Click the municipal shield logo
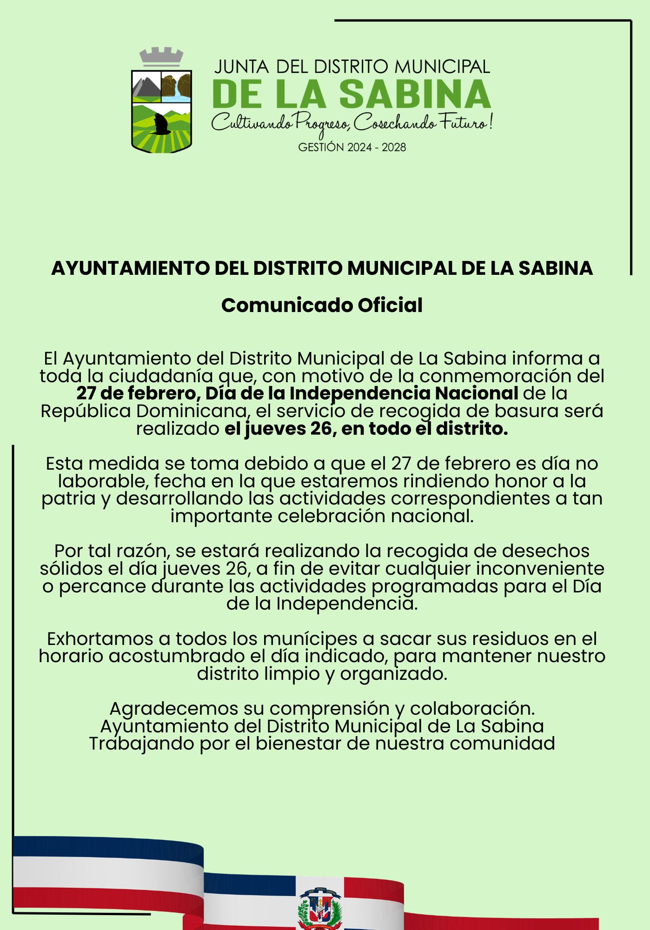click(x=161, y=112)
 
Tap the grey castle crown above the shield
click(x=161, y=58)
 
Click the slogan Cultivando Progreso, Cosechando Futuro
click(x=352, y=123)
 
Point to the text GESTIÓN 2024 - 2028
click(x=352, y=147)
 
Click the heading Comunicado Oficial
click(x=322, y=306)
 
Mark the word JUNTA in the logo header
click(x=242, y=67)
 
